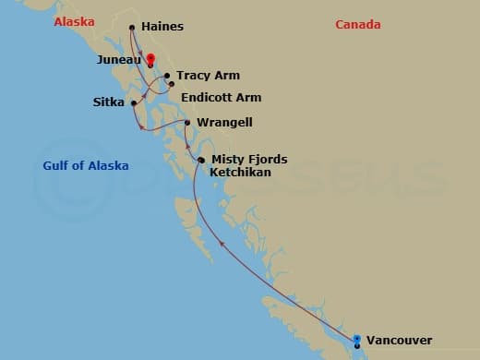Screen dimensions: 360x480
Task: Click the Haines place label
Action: pyautogui.click(x=162, y=27)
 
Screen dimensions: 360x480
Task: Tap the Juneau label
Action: pyautogui.click(x=118, y=59)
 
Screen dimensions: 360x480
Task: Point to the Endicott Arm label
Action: pyautogui.click(x=222, y=97)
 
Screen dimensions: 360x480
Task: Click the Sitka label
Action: pyautogui.click(x=111, y=102)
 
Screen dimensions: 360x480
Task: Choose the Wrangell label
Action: pyautogui.click(x=225, y=122)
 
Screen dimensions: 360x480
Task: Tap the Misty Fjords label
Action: pyautogui.click(x=249, y=159)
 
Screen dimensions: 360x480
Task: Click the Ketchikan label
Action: pyautogui.click(x=244, y=172)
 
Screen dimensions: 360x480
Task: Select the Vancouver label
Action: pyautogui.click(x=399, y=340)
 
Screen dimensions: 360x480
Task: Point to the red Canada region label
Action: pyautogui.click(x=358, y=25)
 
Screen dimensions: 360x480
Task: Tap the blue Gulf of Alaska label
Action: pyautogui.click(x=86, y=166)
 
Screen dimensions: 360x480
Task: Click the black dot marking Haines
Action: pyautogui.click(x=132, y=27)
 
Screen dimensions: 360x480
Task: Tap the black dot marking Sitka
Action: pyautogui.click(x=134, y=102)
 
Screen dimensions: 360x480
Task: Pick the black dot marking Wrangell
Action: pyautogui.click(x=187, y=122)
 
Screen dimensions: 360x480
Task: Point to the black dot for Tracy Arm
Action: pyautogui.click(x=167, y=76)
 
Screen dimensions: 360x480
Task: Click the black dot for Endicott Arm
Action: pyautogui.click(x=172, y=84)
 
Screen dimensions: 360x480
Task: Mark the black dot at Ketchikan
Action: pyautogui.click(x=201, y=161)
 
